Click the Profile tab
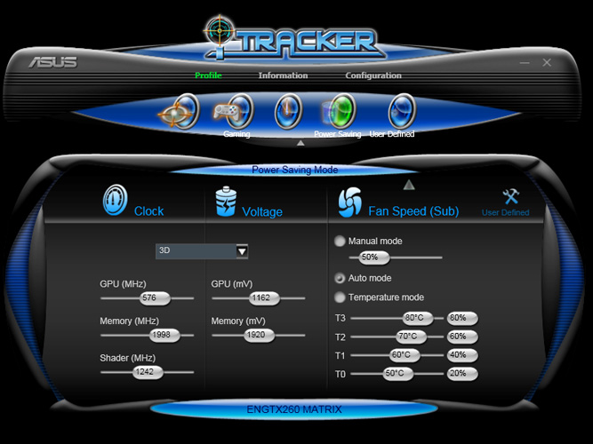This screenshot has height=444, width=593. [208, 75]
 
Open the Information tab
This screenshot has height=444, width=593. [283, 75]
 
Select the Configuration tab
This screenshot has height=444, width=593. [373, 75]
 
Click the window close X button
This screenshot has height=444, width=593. [547, 62]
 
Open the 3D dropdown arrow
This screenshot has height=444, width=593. [242, 251]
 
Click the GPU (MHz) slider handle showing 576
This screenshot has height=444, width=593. [148, 298]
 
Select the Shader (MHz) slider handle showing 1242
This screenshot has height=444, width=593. [142, 372]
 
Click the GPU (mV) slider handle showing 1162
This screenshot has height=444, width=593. [260, 298]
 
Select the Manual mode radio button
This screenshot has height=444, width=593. [340, 241]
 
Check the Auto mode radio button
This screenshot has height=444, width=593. [340, 277]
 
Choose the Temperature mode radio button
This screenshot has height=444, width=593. [340, 297]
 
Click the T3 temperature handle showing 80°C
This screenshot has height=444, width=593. [413, 317]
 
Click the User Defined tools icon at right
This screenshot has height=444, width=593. [510, 197]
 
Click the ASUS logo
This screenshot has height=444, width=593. [52, 62]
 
